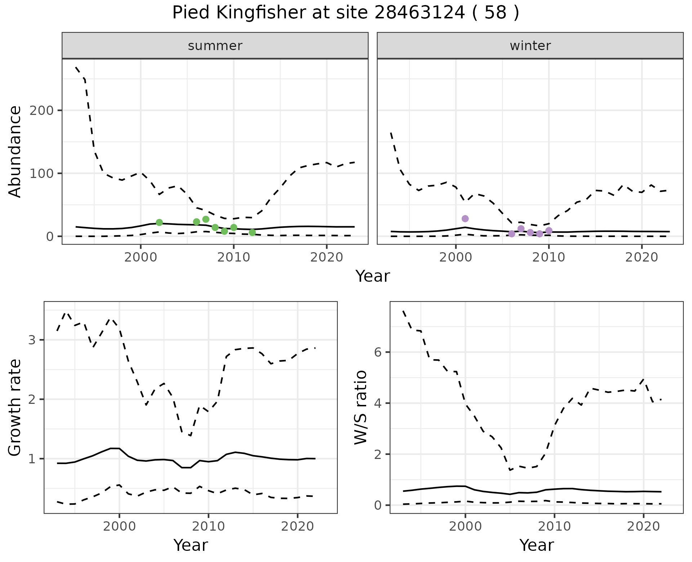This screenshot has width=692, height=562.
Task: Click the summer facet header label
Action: tap(215, 46)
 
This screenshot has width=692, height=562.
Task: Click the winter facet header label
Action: tap(530, 46)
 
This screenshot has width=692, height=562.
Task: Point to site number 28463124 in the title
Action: tap(420, 13)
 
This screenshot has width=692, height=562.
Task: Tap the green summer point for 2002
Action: tap(159, 222)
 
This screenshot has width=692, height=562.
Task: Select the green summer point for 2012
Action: tap(252, 232)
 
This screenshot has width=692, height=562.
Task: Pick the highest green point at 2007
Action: tap(206, 219)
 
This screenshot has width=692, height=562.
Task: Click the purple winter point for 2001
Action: tap(465, 219)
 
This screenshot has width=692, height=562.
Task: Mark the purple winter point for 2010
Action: tap(549, 231)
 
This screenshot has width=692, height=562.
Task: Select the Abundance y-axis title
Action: tap(15, 151)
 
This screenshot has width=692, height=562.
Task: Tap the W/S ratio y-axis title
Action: tap(361, 407)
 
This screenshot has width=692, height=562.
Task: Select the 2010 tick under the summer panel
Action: tap(234, 257)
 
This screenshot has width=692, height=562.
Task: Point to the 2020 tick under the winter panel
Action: tap(642, 257)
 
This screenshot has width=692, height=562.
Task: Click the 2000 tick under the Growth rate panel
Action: tap(119, 526)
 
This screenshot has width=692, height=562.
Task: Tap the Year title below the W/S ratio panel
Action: tap(536, 545)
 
